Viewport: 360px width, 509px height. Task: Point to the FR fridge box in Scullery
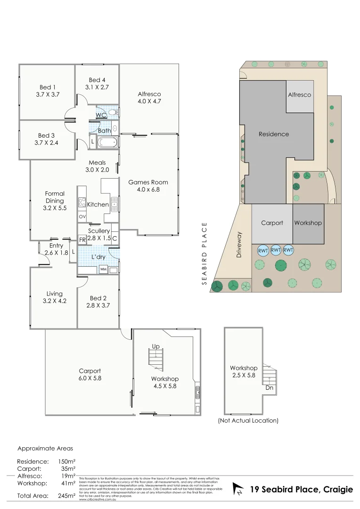pos(82,240)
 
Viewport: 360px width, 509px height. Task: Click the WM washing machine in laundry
pos(103,269)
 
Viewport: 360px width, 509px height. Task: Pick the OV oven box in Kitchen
pos(82,217)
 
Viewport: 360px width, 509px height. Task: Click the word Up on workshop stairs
pos(155,346)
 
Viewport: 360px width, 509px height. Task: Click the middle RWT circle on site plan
pos(276,250)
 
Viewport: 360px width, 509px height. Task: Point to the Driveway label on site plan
pos(239,246)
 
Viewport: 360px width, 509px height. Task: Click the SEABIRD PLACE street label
pos(205,254)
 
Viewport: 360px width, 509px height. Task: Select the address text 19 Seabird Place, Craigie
pos(301,490)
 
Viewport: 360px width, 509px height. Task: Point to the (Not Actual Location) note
pos(248,420)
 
